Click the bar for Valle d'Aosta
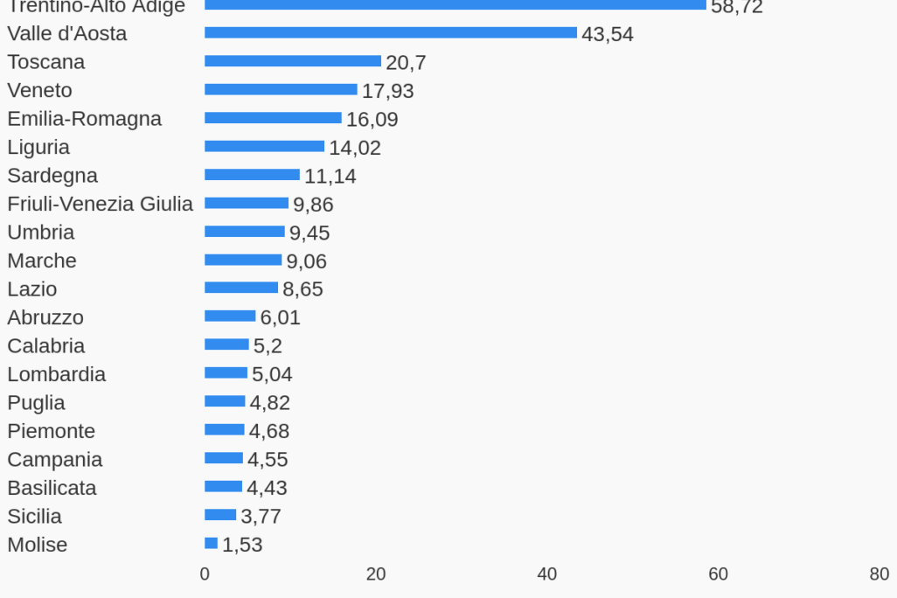click(390, 33)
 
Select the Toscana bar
click(292, 61)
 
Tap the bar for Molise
click(211, 544)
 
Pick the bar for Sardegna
click(252, 175)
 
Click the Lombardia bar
click(226, 373)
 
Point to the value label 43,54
click(607, 35)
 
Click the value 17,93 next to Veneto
click(387, 91)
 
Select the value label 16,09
click(372, 120)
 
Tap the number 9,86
click(313, 205)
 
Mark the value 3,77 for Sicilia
click(261, 517)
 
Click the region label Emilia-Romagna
click(84, 118)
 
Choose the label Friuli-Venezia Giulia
click(100, 204)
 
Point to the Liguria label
click(38, 147)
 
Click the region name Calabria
click(45, 345)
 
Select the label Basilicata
click(52, 487)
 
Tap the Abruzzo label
click(45, 317)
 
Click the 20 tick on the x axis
click(376, 574)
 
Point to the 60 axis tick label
click(718, 574)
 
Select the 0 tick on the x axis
click(205, 574)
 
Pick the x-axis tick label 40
click(546, 574)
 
